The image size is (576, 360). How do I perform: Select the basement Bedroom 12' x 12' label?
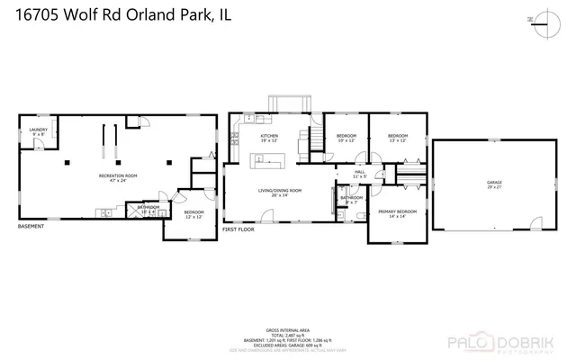tap(194, 214)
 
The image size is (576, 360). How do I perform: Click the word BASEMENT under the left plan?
tap(31, 227)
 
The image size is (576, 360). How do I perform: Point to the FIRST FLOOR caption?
tap(239, 231)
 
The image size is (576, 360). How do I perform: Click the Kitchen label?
tap(269, 138)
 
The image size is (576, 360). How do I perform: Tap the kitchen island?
tap(267, 160)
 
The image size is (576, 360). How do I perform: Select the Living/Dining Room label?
tap(280, 192)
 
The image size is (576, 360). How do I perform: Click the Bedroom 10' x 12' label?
tap(346, 138)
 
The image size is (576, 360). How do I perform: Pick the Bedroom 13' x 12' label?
tap(398, 138)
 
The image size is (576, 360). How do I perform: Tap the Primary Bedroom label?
tap(398, 213)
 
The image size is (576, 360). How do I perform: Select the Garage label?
tap(494, 184)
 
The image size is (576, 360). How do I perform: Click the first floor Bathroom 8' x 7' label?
tap(352, 200)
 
